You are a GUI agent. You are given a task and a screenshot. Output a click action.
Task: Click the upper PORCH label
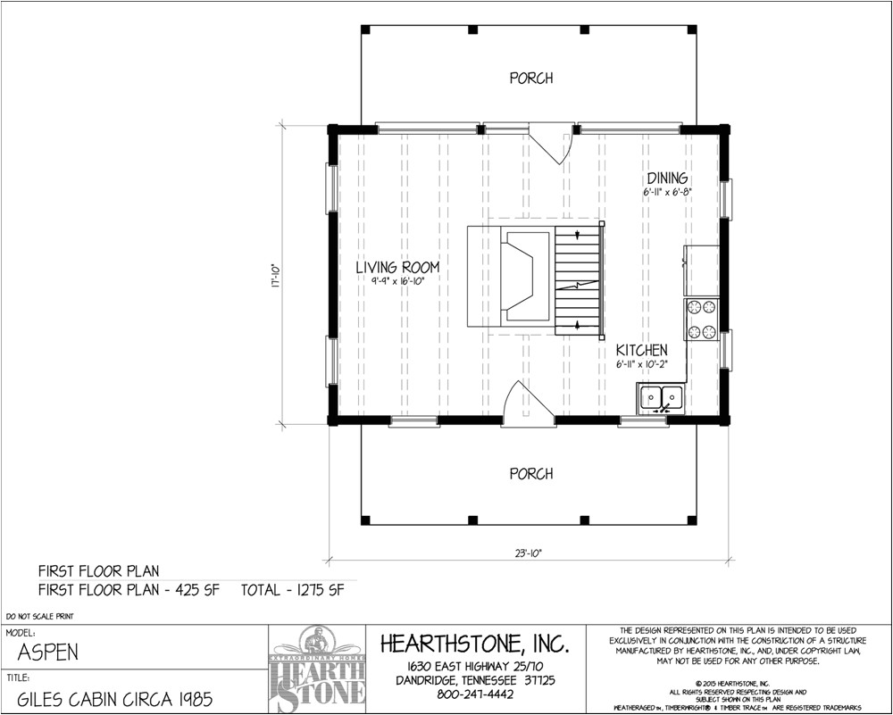click(x=530, y=79)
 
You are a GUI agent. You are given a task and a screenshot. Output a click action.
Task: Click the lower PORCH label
click(x=530, y=474)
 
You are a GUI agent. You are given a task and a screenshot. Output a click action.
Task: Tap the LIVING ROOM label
click(x=397, y=267)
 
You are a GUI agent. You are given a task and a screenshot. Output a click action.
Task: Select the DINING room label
click(x=667, y=179)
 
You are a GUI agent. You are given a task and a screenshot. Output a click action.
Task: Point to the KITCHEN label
click(x=641, y=350)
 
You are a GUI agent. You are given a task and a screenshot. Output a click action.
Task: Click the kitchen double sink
click(x=661, y=397)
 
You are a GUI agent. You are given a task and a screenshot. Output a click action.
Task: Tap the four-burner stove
click(x=701, y=319)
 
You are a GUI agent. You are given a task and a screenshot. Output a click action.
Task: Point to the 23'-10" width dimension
click(x=527, y=553)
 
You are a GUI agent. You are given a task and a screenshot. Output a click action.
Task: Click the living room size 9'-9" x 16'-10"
click(x=397, y=281)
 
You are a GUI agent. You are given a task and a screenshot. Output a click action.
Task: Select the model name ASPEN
click(x=48, y=653)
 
